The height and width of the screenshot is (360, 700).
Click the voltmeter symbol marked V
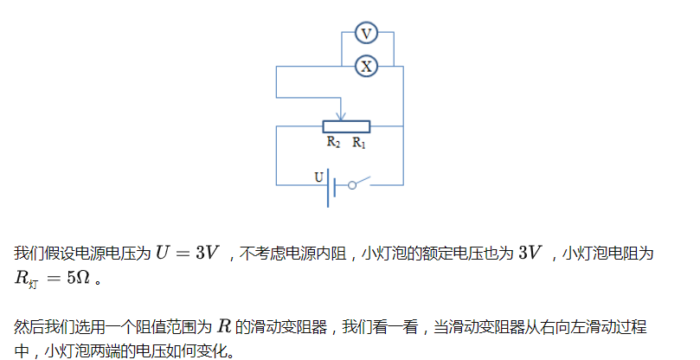tap(366, 34)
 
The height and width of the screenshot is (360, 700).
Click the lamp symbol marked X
tap(366, 66)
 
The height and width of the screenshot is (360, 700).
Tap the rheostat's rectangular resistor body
tap(346, 126)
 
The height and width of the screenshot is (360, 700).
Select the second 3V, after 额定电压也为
tap(530, 254)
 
